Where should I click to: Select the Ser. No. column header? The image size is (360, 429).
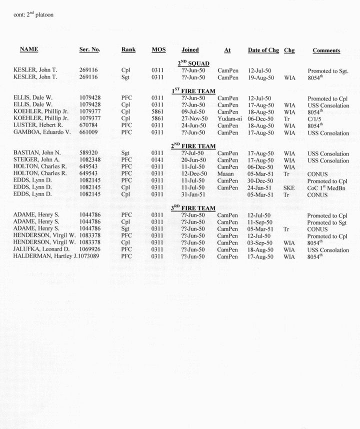click(x=89, y=50)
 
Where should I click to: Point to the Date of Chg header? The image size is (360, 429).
click(x=263, y=50)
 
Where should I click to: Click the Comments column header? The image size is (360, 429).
click(x=326, y=50)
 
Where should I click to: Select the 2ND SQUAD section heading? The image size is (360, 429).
click(x=193, y=63)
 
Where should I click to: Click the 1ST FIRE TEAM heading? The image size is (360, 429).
click(x=193, y=90)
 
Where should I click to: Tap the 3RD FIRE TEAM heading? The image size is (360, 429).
click(x=193, y=208)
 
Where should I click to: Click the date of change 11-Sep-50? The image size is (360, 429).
click(x=260, y=222)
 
